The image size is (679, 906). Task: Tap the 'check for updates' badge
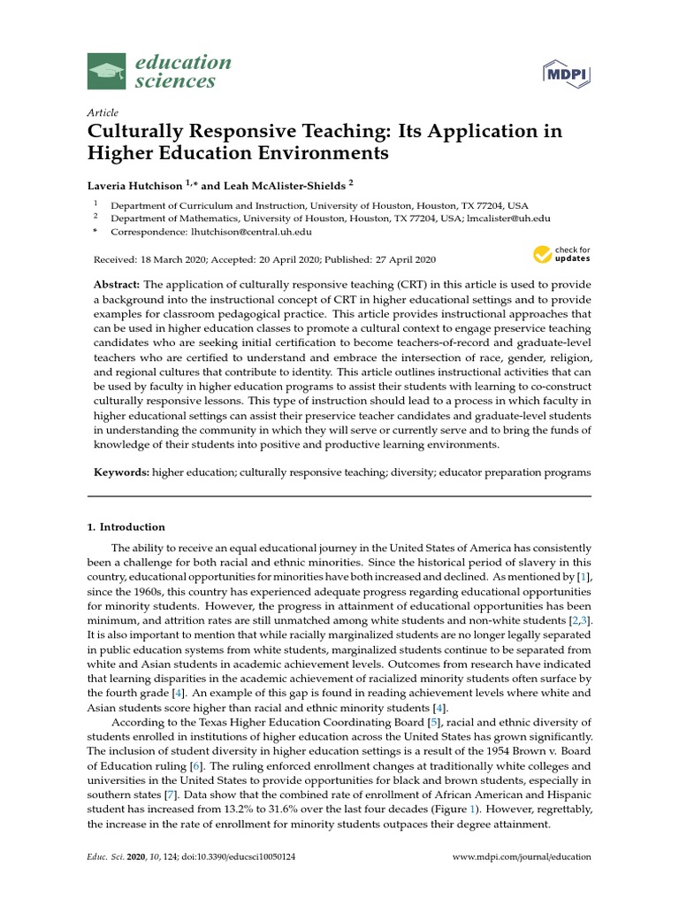(561, 255)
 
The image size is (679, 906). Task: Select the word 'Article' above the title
(103, 113)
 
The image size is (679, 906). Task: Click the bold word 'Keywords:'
(121, 472)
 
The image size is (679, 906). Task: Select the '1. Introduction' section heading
(126, 527)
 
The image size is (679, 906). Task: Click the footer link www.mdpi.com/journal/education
(522, 857)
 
